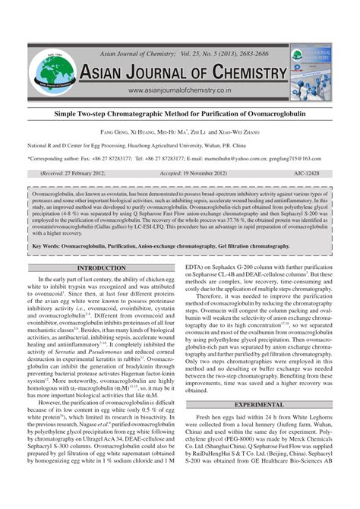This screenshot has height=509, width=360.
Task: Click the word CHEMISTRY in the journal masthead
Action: [x=242, y=71]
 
